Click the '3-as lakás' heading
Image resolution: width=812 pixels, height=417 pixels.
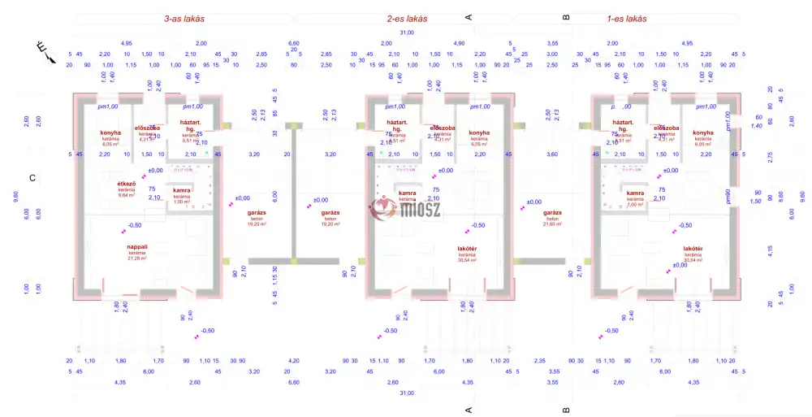(x=184, y=18)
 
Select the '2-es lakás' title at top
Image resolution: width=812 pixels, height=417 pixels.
(x=407, y=18)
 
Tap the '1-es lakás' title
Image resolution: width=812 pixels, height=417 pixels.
(x=627, y=18)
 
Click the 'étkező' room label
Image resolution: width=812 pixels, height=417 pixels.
(x=126, y=185)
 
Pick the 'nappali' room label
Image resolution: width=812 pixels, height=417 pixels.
(x=136, y=246)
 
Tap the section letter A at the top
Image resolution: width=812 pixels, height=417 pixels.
(x=469, y=16)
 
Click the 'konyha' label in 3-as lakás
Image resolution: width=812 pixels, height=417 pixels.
(x=110, y=132)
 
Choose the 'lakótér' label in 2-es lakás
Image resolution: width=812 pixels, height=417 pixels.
(x=468, y=249)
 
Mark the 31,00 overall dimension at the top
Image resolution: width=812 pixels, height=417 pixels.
(x=407, y=33)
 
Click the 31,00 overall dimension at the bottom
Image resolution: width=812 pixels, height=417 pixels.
(x=407, y=393)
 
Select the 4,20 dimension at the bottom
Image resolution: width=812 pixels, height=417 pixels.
(x=294, y=360)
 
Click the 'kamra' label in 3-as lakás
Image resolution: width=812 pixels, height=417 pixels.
(x=182, y=191)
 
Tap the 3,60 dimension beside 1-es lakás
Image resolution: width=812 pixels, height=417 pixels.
(x=554, y=154)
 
